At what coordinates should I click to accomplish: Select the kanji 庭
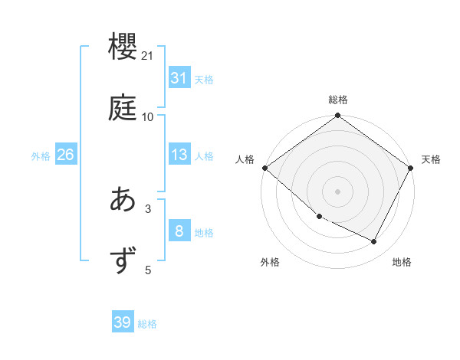[123, 108]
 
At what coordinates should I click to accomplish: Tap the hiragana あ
[123, 200]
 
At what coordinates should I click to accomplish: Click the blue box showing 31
[179, 78]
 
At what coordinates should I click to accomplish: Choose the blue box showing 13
[179, 155]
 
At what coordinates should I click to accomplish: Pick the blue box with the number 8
[179, 231]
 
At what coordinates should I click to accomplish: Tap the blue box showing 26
[65, 155]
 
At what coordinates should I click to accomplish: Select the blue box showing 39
[123, 322]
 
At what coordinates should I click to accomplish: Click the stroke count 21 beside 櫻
[148, 56]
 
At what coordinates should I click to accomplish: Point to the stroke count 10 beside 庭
[148, 116]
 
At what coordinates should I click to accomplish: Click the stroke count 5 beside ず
[148, 269]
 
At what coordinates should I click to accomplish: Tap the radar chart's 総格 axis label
[338, 100]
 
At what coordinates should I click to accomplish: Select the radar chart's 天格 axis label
[431, 159]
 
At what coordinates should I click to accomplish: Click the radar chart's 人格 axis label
[245, 159]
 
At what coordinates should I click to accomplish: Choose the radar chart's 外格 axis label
[270, 262]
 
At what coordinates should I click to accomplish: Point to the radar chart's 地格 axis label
[402, 262]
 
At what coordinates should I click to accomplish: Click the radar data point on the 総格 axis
[338, 116]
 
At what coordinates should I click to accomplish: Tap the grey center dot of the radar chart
[338, 191]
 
